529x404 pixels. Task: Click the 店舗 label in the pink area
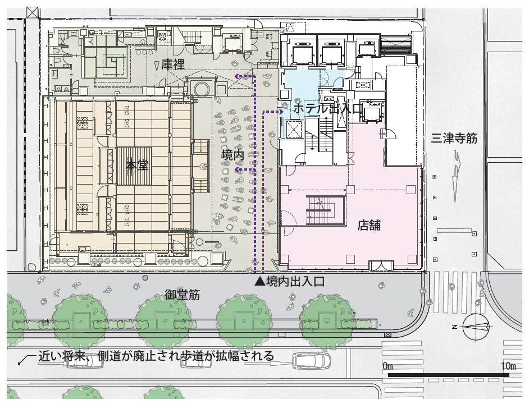click(x=369, y=226)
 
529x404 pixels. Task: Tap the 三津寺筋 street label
click(x=454, y=138)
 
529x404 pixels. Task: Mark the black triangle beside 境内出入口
click(x=259, y=282)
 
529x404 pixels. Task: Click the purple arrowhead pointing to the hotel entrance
click(x=280, y=112)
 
